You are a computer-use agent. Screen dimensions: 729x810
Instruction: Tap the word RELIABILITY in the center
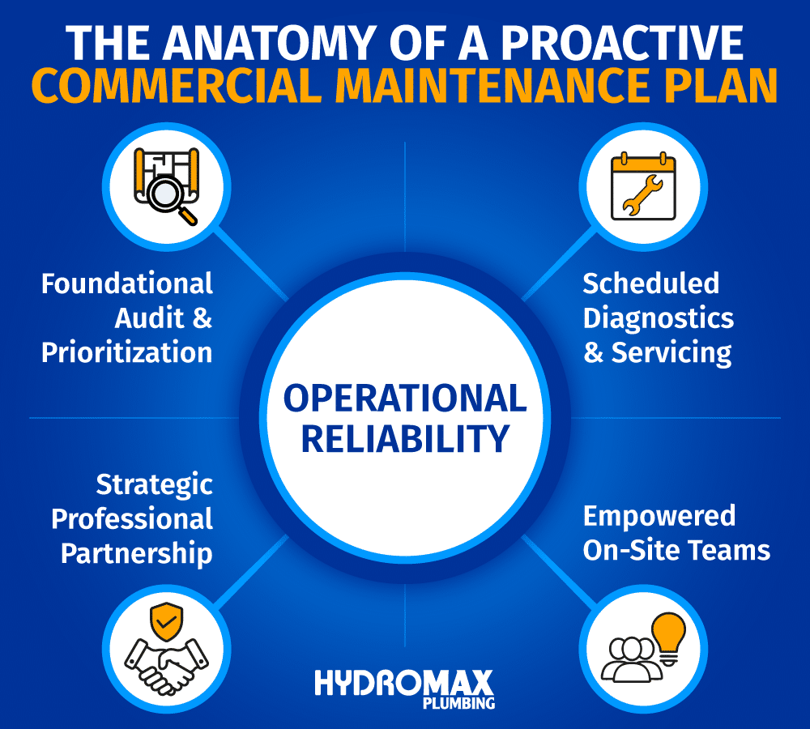point(404,438)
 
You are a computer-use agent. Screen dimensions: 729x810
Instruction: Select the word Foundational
point(127,283)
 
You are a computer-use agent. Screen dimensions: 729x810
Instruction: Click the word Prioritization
point(127,352)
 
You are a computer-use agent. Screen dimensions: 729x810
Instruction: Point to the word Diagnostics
point(659,318)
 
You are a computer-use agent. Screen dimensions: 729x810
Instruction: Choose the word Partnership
point(137,553)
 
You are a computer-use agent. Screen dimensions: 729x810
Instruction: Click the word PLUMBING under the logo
point(458,703)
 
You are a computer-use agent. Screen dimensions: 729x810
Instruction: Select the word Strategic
point(154,484)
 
